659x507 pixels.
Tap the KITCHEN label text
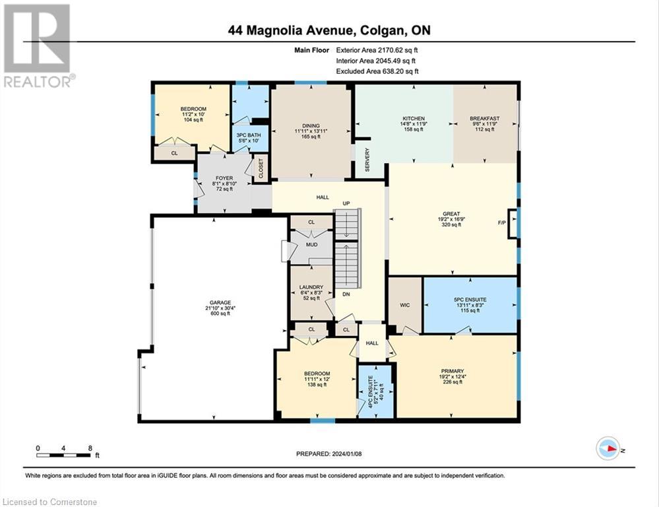414,119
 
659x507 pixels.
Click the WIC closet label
404,305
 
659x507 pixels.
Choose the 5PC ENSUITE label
470,299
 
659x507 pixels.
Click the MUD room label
311,245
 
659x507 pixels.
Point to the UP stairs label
344,203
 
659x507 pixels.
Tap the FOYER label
223,177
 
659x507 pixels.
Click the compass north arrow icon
608,448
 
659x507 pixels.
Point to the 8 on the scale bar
89,448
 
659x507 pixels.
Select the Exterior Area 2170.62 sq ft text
377,50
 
